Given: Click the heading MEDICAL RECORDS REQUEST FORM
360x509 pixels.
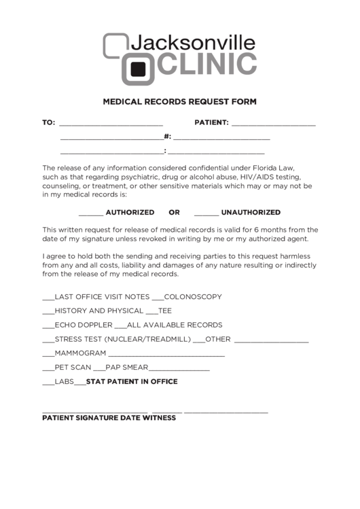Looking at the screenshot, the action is [179, 102].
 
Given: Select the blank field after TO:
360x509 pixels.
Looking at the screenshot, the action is [111, 123].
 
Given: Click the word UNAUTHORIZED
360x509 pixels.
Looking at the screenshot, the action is [251, 212].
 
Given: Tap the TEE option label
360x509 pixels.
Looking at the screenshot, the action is [164, 311].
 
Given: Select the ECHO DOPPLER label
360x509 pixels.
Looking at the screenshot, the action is [83, 325].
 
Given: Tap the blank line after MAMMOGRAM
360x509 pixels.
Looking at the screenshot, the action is [166, 353].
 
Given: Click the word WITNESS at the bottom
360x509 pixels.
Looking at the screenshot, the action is [158, 418].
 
